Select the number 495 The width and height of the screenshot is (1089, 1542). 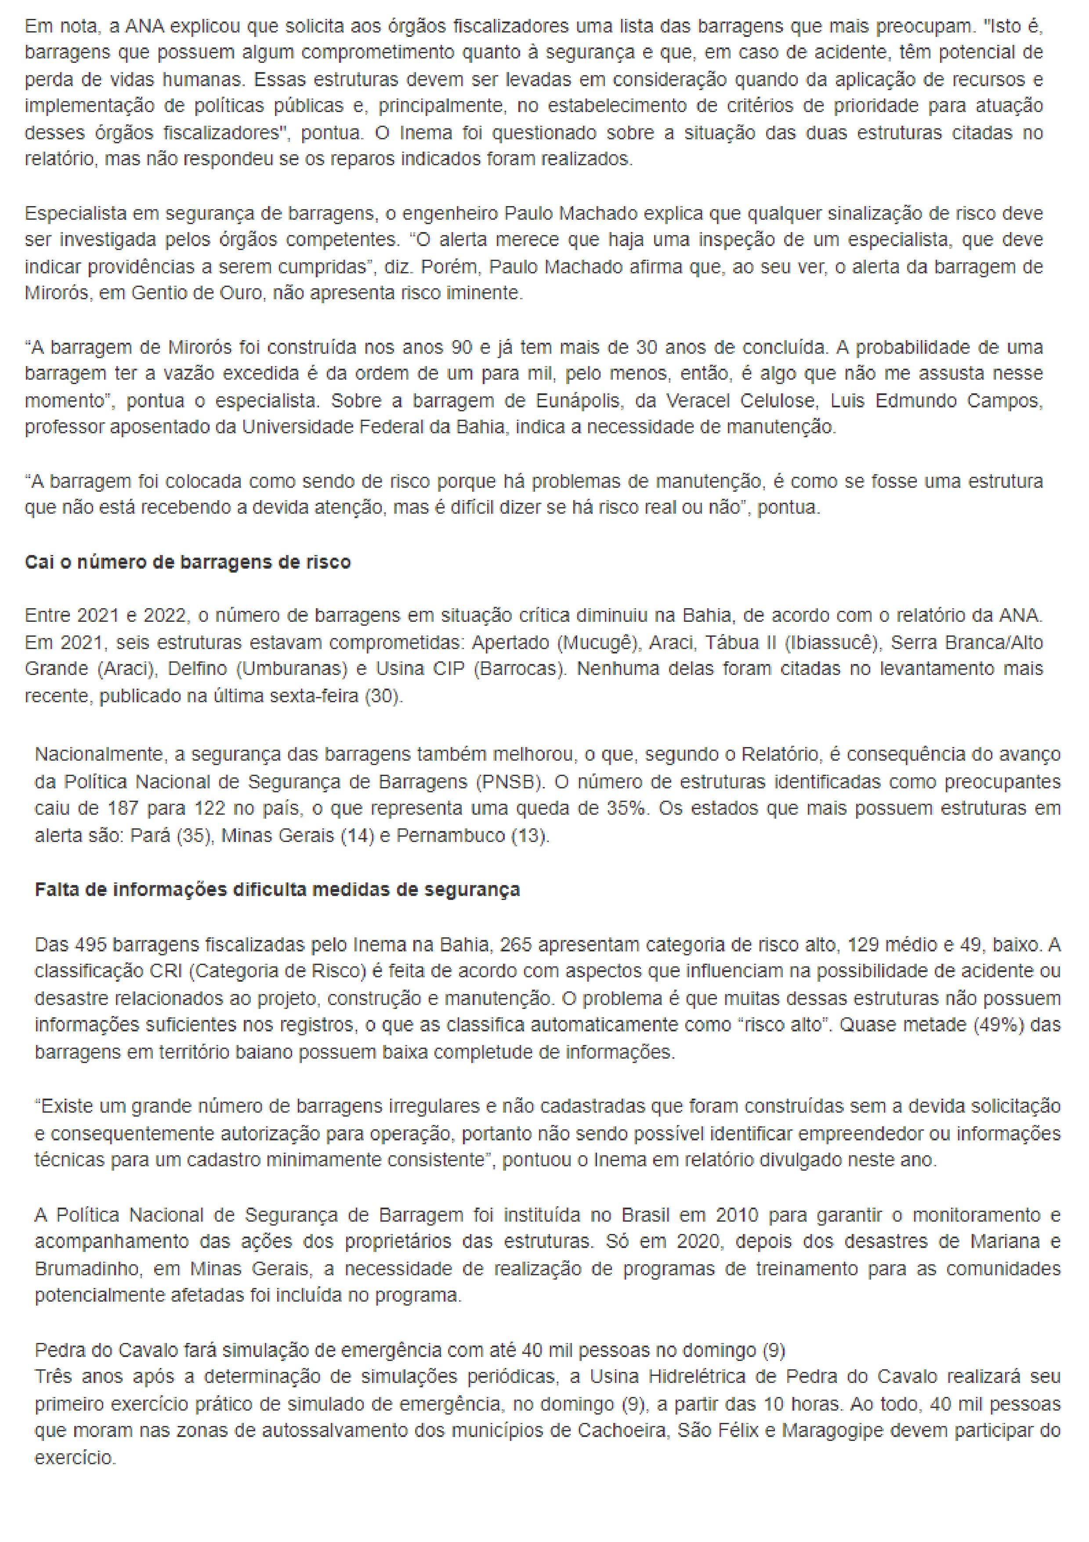click(x=89, y=945)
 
